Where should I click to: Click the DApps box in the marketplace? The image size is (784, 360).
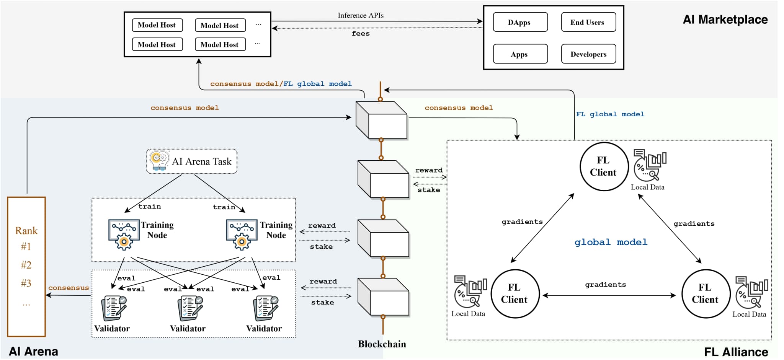click(520, 22)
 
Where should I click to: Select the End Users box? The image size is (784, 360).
click(588, 22)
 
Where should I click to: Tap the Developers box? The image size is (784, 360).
click(588, 54)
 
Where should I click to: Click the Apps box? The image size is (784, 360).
click(520, 54)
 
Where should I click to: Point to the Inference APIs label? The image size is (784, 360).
click(360, 15)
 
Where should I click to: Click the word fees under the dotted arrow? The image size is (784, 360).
click(361, 34)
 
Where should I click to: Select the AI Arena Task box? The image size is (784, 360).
click(192, 161)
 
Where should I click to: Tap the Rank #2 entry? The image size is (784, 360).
click(26, 265)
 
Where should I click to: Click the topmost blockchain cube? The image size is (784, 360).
click(382, 120)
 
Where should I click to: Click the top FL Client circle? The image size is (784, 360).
click(604, 166)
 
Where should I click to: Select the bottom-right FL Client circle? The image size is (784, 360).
click(706, 293)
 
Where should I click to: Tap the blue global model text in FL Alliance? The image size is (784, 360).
click(611, 242)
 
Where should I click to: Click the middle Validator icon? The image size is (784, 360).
click(190, 308)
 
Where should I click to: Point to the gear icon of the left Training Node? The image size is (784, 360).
click(124, 241)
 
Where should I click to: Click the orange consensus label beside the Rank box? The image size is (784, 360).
click(69, 288)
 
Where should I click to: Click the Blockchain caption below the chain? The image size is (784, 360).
click(382, 344)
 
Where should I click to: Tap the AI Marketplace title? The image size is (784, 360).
click(725, 20)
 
